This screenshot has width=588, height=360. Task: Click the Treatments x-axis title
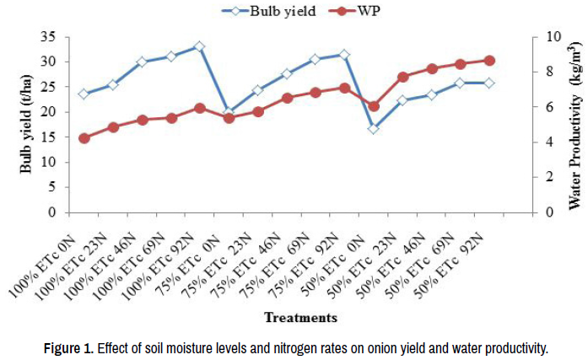tap(300, 318)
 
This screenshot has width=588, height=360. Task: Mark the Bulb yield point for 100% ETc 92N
tap(199, 46)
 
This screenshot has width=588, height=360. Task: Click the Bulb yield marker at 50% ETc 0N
tap(374, 128)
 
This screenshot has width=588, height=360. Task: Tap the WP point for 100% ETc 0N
tap(84, 137)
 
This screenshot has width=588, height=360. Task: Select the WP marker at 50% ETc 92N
tap(489, 61)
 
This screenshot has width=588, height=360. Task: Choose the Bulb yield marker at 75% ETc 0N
tap(229, 110)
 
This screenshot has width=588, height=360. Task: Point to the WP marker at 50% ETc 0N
tap(374, 106)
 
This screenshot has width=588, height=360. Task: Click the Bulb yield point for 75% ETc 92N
tap(344, 55)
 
